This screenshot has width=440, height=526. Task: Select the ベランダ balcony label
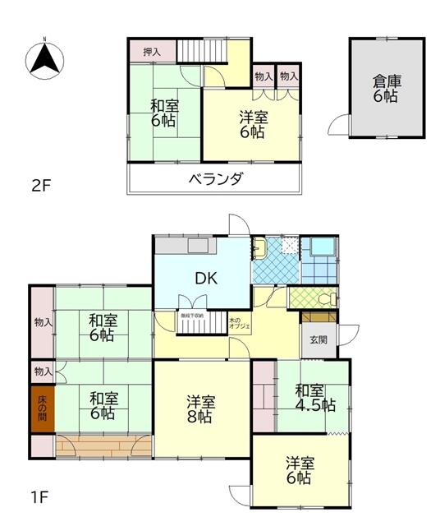215,179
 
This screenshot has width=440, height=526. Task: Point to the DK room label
205,279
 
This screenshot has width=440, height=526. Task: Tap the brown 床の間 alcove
43,408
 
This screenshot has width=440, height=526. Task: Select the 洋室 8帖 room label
200,409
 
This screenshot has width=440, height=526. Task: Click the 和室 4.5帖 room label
315,397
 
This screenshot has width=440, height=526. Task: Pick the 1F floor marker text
41,496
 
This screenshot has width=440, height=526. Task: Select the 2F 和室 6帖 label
163,113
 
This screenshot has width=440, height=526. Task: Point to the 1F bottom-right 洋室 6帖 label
299,469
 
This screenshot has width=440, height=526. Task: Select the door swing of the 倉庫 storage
338,125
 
